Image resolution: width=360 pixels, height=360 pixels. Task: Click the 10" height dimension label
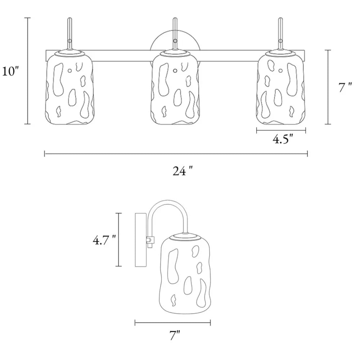coord(10,71)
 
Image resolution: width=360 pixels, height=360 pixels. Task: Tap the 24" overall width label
coord(183,171)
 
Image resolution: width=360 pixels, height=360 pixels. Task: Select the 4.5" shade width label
coord(283,139)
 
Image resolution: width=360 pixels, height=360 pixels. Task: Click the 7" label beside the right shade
coord(345,87)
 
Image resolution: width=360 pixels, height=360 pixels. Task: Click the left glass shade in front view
coord(69,89)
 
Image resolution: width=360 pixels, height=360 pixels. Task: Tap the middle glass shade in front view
coord(175,89)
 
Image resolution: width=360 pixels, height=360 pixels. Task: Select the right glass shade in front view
coord(281,89)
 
